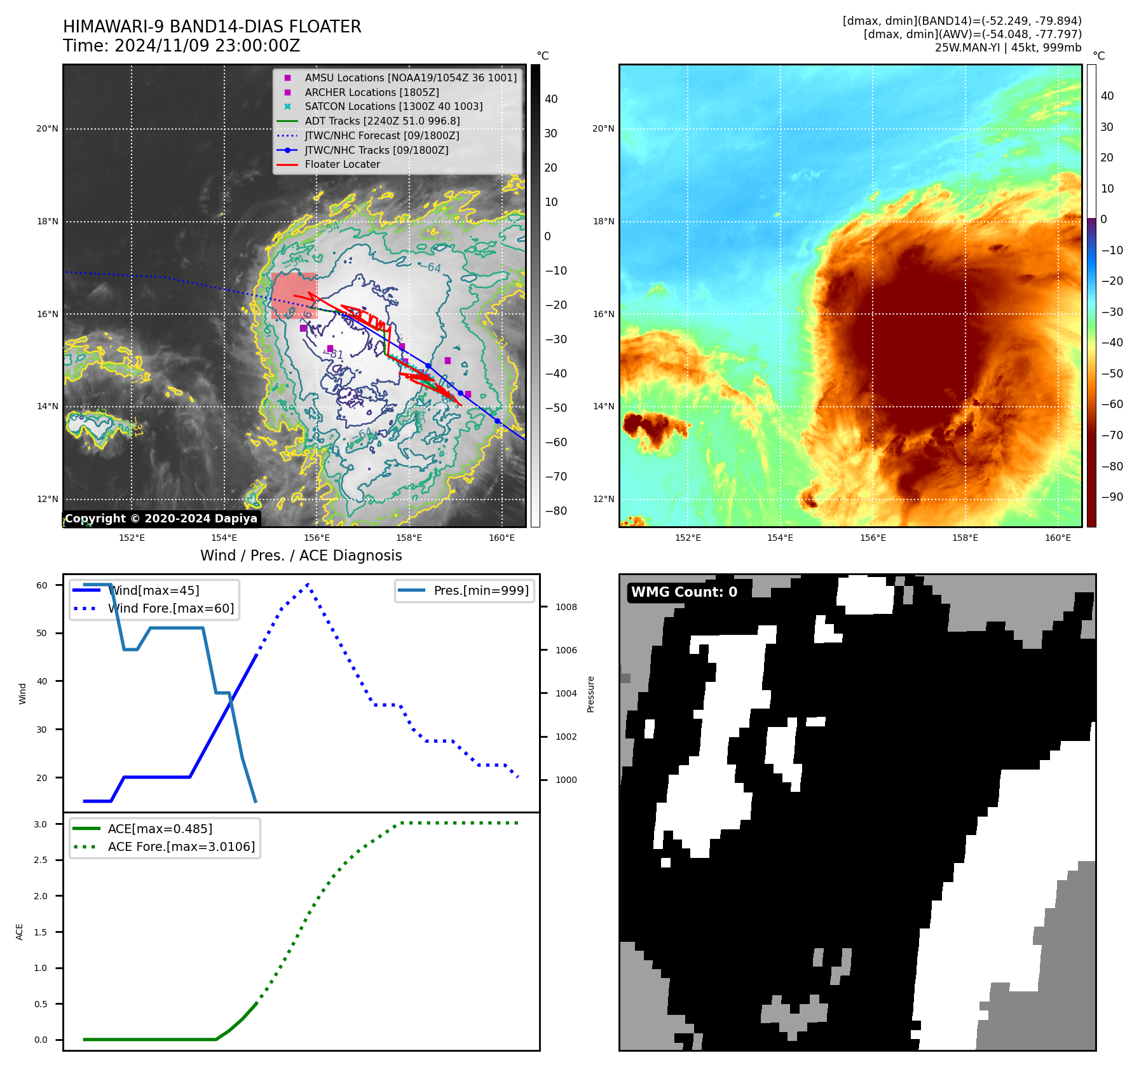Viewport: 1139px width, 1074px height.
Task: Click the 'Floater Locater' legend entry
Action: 342,165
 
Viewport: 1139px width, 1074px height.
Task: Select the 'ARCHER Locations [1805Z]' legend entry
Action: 371,92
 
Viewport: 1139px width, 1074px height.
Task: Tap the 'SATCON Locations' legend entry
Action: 393,107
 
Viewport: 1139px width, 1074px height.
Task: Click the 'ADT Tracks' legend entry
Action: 382,121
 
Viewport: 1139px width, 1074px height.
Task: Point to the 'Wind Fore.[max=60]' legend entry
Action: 170,608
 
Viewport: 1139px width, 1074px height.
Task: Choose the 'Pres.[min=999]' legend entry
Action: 481,590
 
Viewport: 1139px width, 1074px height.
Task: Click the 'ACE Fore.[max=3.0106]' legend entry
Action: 181,846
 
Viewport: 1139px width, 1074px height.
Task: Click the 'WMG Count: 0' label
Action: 684,592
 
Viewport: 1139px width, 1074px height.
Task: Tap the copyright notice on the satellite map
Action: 161,519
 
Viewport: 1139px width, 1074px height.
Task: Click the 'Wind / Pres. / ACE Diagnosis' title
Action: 301,555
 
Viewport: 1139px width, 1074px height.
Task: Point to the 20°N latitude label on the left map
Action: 47,129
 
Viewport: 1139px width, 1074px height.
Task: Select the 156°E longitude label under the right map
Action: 873,538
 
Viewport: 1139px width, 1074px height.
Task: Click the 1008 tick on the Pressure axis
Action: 566,607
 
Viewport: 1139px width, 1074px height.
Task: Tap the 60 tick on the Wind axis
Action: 42,585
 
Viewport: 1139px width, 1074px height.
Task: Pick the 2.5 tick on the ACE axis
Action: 41,860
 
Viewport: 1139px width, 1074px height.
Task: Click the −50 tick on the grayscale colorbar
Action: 556,408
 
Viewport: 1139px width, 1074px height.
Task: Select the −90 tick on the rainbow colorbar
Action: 1112,497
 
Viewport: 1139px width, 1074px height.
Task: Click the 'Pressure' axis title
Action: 590,694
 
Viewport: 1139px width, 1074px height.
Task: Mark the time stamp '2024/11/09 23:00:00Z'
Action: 208,46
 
